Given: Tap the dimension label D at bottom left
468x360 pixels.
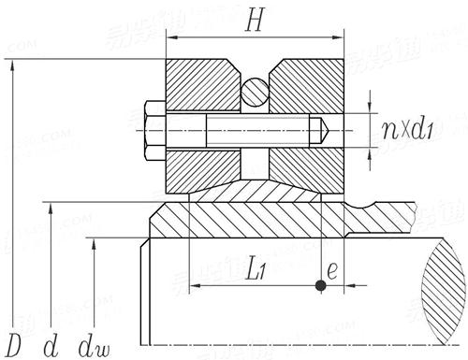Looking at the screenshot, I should click(12, 343).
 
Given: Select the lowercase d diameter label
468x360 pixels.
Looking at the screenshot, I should click(52, 343).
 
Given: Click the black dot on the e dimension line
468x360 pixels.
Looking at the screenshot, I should click(320, 285).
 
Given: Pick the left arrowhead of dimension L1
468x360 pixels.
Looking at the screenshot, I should click(195, 285).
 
